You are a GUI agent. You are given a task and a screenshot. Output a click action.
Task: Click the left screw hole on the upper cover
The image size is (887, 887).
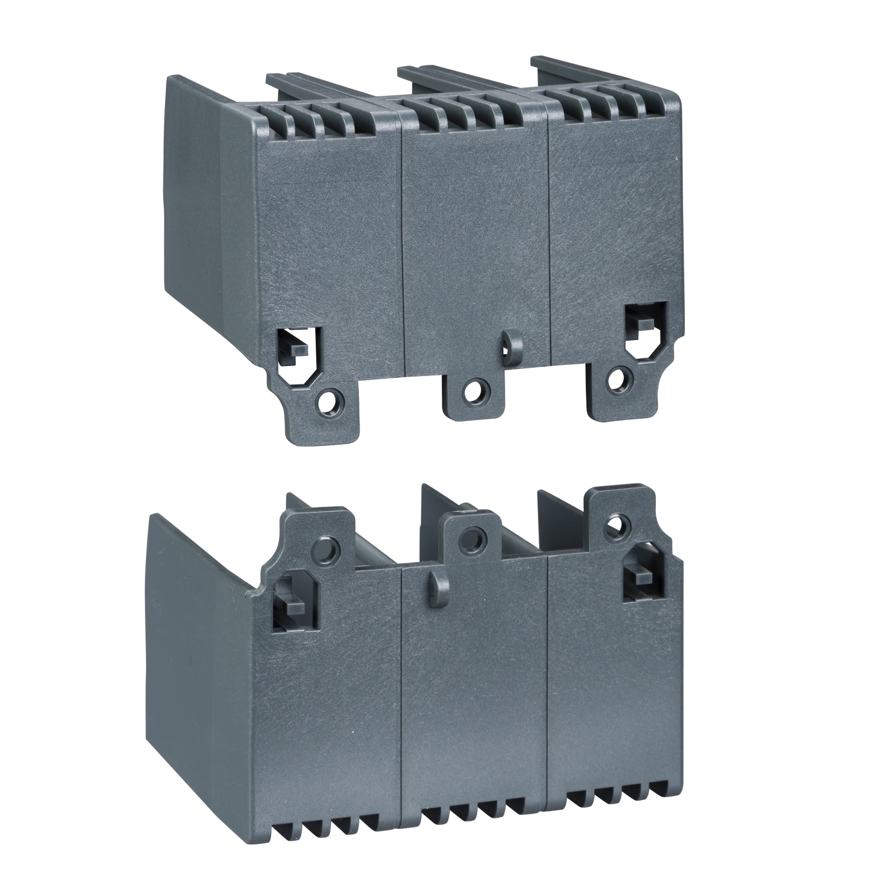(326, 407)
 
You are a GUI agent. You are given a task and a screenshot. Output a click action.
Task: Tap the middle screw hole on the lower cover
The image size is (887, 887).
(472, 538)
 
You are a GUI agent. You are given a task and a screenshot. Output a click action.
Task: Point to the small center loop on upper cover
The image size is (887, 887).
(508, 341)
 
